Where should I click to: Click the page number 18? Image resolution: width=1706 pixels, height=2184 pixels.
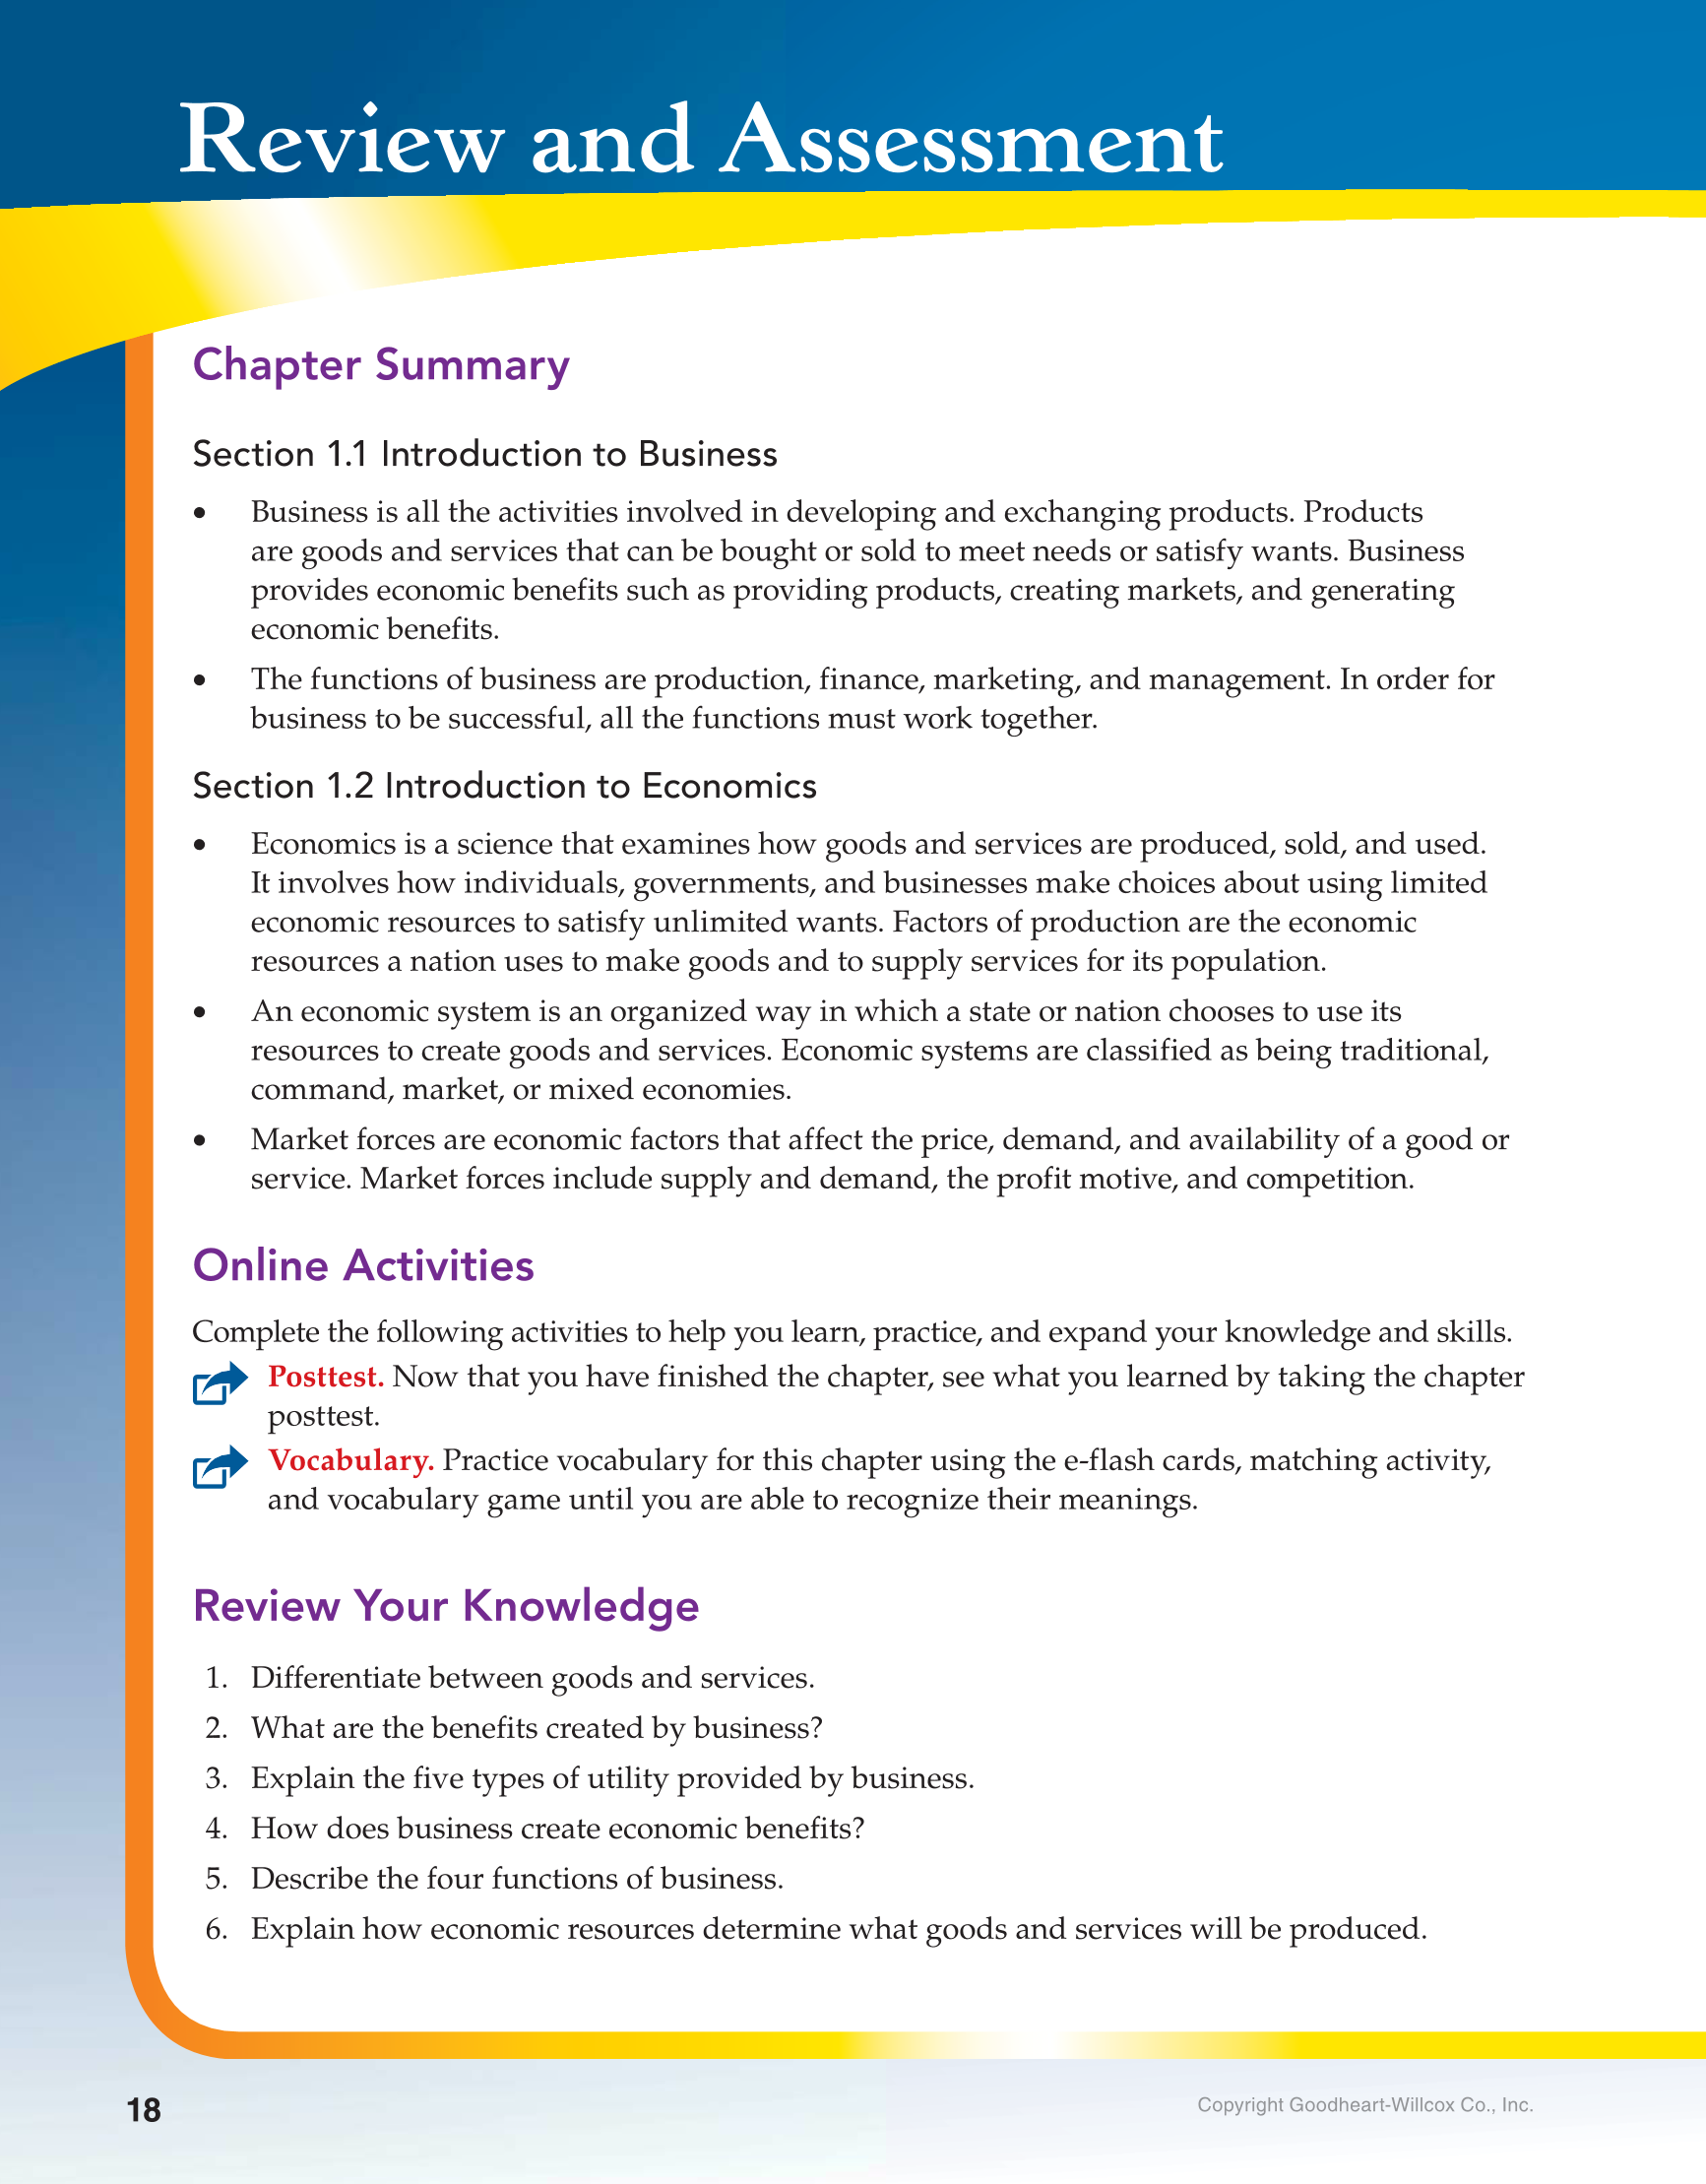[144, 2110]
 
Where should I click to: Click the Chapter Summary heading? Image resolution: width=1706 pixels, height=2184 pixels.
[381, 366]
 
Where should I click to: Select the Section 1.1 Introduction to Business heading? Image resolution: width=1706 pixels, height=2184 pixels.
[485, 455]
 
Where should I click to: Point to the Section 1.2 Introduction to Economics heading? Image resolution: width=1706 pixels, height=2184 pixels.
[504, 787]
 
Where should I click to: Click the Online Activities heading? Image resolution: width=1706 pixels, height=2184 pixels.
[363, 1266]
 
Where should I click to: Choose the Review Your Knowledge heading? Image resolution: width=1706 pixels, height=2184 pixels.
[446, 1606]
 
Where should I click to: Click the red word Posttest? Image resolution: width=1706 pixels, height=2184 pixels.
[326, 1377]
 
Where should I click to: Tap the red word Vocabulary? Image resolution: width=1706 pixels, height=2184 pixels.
[350, 1461]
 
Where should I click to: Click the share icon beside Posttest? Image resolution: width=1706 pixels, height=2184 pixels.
[220, 1383]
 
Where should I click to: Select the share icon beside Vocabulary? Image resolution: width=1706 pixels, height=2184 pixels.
[220, 1467]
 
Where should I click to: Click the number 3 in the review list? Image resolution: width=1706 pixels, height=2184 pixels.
[216, 1779]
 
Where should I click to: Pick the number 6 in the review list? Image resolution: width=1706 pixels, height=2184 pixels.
[216, 1929]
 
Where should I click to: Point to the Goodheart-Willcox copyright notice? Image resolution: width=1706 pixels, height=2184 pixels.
[1364, 2105]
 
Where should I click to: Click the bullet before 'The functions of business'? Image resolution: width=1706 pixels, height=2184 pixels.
[200, 681]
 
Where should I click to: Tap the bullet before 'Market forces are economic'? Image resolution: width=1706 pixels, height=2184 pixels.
[200, 1141]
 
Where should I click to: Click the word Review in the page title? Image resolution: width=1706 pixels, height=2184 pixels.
[342, 141]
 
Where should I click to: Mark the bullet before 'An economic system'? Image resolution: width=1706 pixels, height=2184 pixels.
[200, 1013]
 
